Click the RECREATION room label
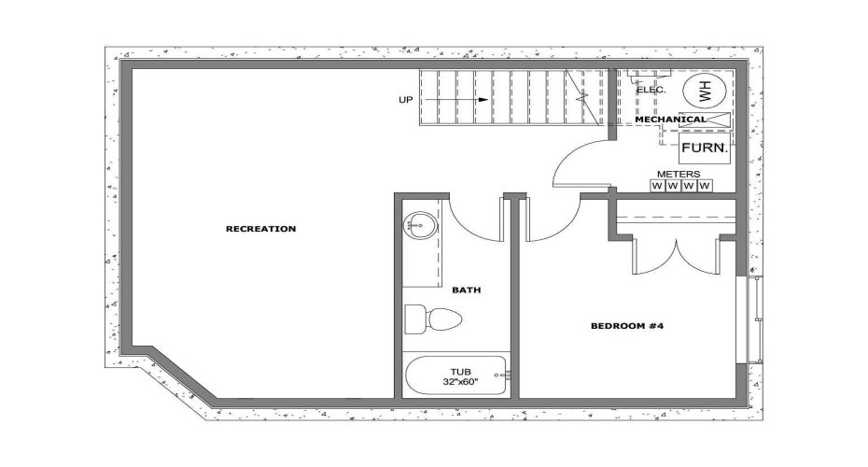tap(260, 229)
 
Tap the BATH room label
tap(467, 290)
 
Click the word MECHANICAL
tap(670, 120)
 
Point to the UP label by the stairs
tap(405, 99)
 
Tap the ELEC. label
tap(651, 91)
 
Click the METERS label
tap(679, 174)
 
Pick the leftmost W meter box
tap(657, 186)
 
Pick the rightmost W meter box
tap(705, 186)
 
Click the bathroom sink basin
tap(419, 225)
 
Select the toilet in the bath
tap(431, 318)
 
